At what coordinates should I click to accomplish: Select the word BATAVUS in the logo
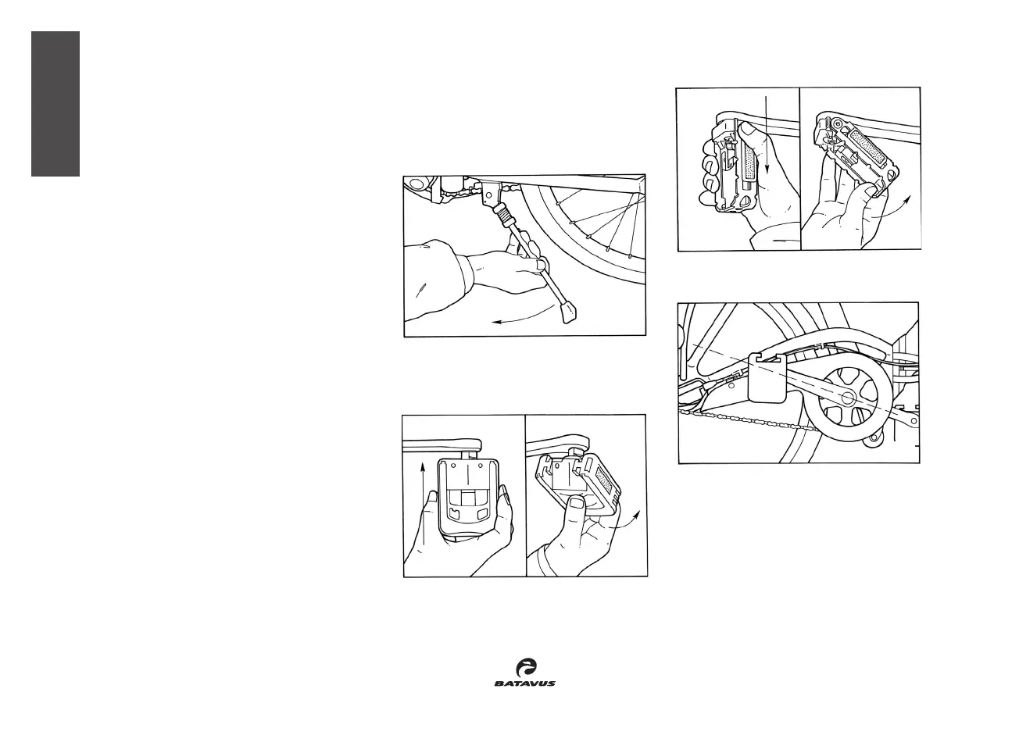pos(524,684)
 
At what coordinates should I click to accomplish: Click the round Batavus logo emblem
pos(526,667)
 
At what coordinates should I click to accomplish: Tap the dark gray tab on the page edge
pos(55,104)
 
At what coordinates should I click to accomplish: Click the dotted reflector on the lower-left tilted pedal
pos(606,476)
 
